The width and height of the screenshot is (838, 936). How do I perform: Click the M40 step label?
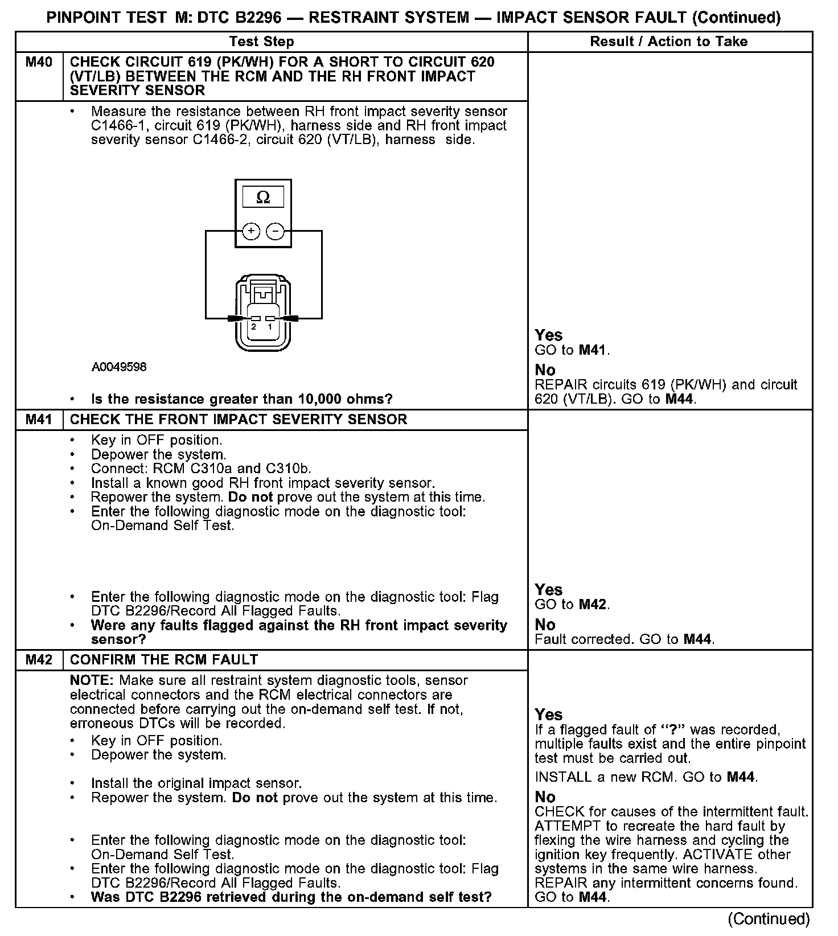pos(39,62)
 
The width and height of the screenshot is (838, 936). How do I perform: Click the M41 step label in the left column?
pos(39,420)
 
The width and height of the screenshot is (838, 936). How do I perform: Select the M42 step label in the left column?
pos(39,660)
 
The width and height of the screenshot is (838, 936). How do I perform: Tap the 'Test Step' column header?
pos(262,42)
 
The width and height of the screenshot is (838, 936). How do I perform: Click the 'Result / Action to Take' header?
pos(669,42)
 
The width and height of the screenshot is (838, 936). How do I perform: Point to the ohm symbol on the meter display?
pos(263,198)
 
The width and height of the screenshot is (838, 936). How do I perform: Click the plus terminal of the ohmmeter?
pos(251,231)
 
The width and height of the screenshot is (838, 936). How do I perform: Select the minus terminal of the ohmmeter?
pos(276,231)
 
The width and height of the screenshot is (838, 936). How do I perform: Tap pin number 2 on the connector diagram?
pos(254,327)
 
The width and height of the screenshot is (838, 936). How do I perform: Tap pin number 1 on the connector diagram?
pos(270,327)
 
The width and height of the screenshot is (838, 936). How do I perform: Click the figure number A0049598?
pos(119,367)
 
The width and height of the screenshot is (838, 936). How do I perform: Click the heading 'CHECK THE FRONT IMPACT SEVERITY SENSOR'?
pos(239,420)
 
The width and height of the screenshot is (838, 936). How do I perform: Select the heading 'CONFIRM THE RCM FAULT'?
pos(164,660)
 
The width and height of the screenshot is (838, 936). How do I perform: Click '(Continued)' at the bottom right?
pos(769,918)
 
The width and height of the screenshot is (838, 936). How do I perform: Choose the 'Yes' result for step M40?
pos(549,335)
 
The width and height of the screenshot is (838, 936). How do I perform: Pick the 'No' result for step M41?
pos(545,625)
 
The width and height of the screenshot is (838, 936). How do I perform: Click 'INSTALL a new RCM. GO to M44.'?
pos(646,777)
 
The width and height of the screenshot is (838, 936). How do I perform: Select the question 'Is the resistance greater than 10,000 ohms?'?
pos(242,399)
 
